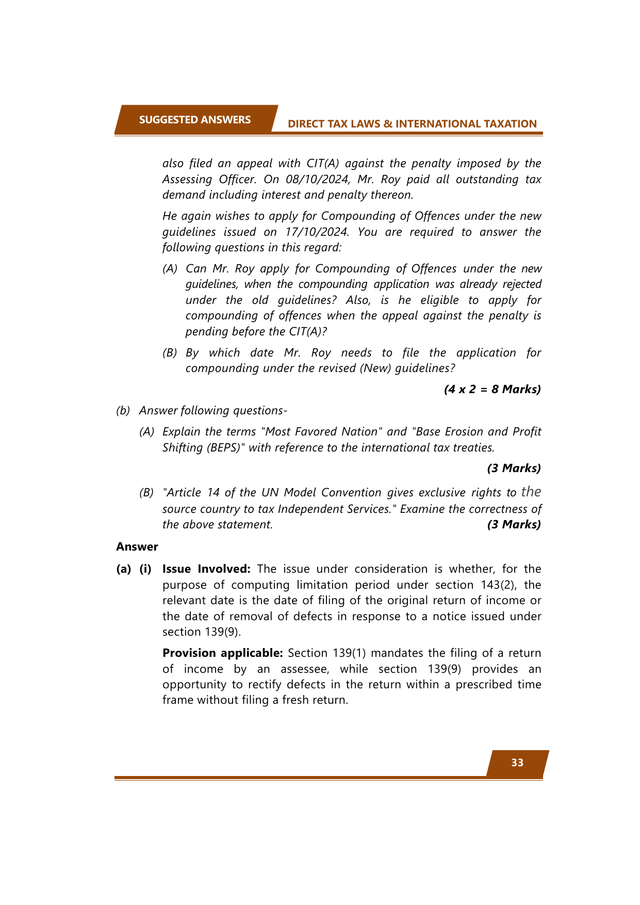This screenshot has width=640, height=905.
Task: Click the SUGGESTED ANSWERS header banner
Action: click(194, 120)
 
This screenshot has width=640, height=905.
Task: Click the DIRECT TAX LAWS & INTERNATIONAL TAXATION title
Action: click(412, 124)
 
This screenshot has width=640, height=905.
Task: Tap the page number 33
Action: click(517, 763)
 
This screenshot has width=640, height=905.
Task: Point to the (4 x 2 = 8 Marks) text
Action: click(492, 389)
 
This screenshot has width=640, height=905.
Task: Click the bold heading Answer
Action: click(137, 546)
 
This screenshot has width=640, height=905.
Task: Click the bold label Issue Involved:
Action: click(206, 569)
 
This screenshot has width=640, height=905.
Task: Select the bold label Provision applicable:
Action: click(223, 653)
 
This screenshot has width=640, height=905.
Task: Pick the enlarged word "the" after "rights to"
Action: click(531, 491)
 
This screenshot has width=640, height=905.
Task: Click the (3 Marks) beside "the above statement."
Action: click(514, 524)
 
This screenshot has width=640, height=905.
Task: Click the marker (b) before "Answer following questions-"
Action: click(123, 410)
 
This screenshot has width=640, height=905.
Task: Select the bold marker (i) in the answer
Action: click(145, 569)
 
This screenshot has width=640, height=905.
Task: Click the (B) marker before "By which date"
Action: click(170, 352)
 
